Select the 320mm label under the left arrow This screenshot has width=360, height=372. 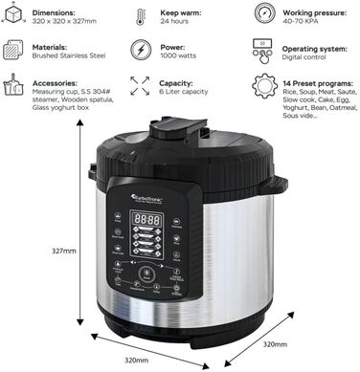pyautogui.click(x=136, y=360)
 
